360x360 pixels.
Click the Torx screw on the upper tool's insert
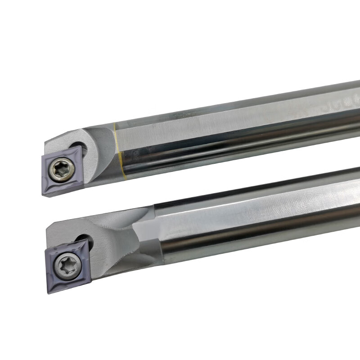59,170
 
